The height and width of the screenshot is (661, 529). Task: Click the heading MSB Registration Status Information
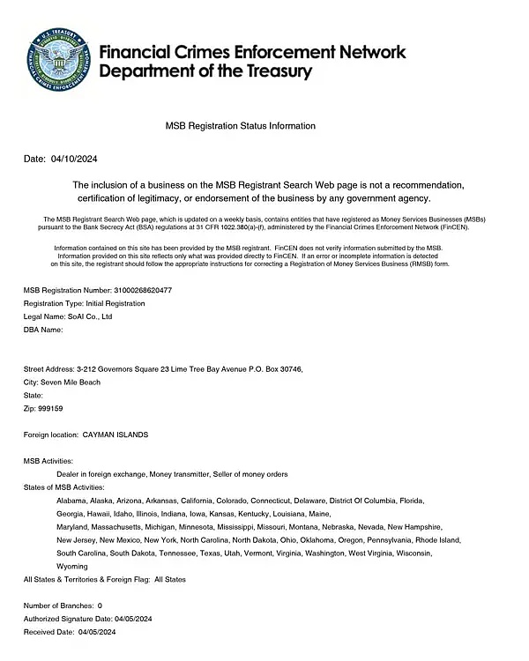tap(241, 126)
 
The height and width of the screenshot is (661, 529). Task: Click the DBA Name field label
tap(42, 330)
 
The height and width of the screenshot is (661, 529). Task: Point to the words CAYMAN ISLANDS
tap(115, 435)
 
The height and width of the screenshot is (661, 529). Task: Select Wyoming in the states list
tap(72, 566)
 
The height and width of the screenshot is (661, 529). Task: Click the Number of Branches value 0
tap(100, 605)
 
